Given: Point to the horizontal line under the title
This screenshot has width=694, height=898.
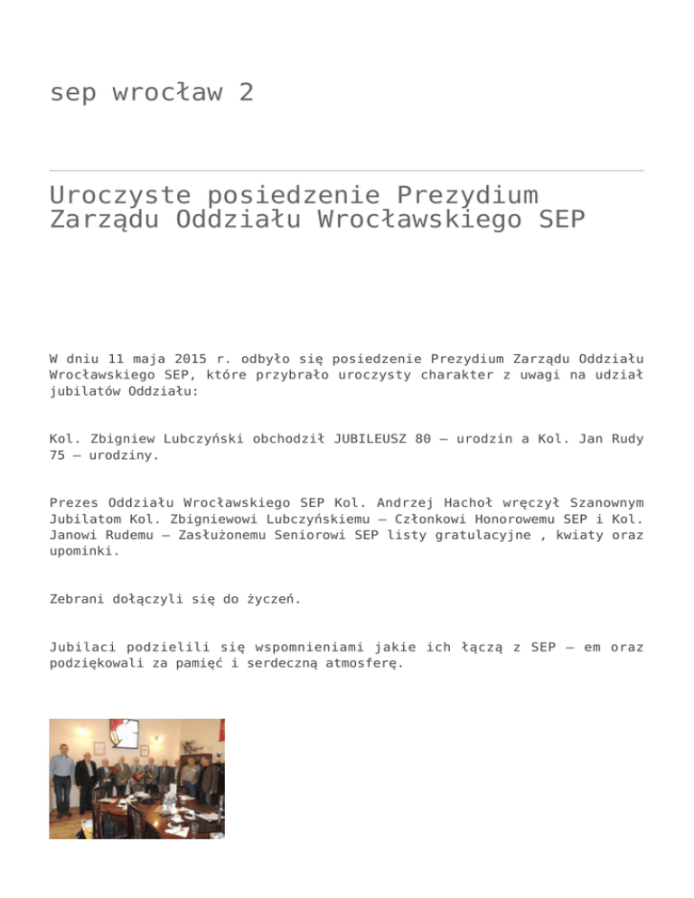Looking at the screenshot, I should (347, 170).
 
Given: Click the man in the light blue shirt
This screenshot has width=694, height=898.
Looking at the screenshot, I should (61, 769).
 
